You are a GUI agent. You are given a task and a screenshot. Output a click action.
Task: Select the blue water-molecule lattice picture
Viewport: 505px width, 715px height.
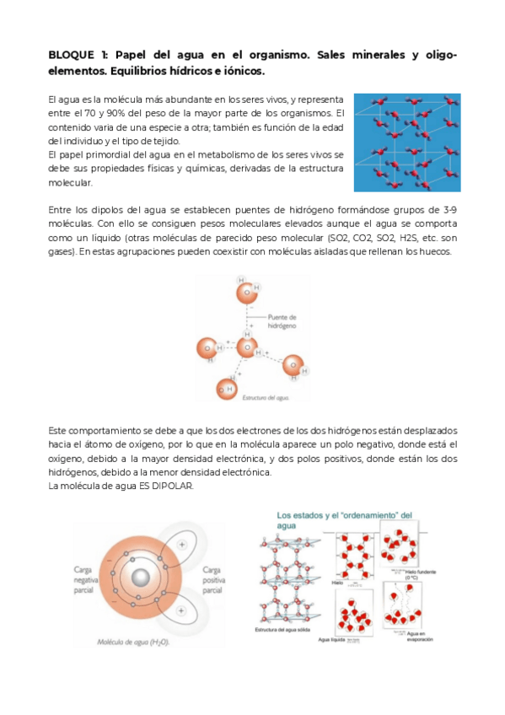point(407,142)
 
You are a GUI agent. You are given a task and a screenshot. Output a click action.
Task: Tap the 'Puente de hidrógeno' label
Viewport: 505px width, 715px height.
point(282,320)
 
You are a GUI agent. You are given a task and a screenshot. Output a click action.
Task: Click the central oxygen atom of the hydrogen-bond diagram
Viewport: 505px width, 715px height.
point(246,347)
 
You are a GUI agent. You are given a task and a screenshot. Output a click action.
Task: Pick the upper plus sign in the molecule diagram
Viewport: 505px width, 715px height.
point(182,546)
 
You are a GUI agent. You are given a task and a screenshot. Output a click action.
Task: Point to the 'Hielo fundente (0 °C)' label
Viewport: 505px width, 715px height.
point(422,574)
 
